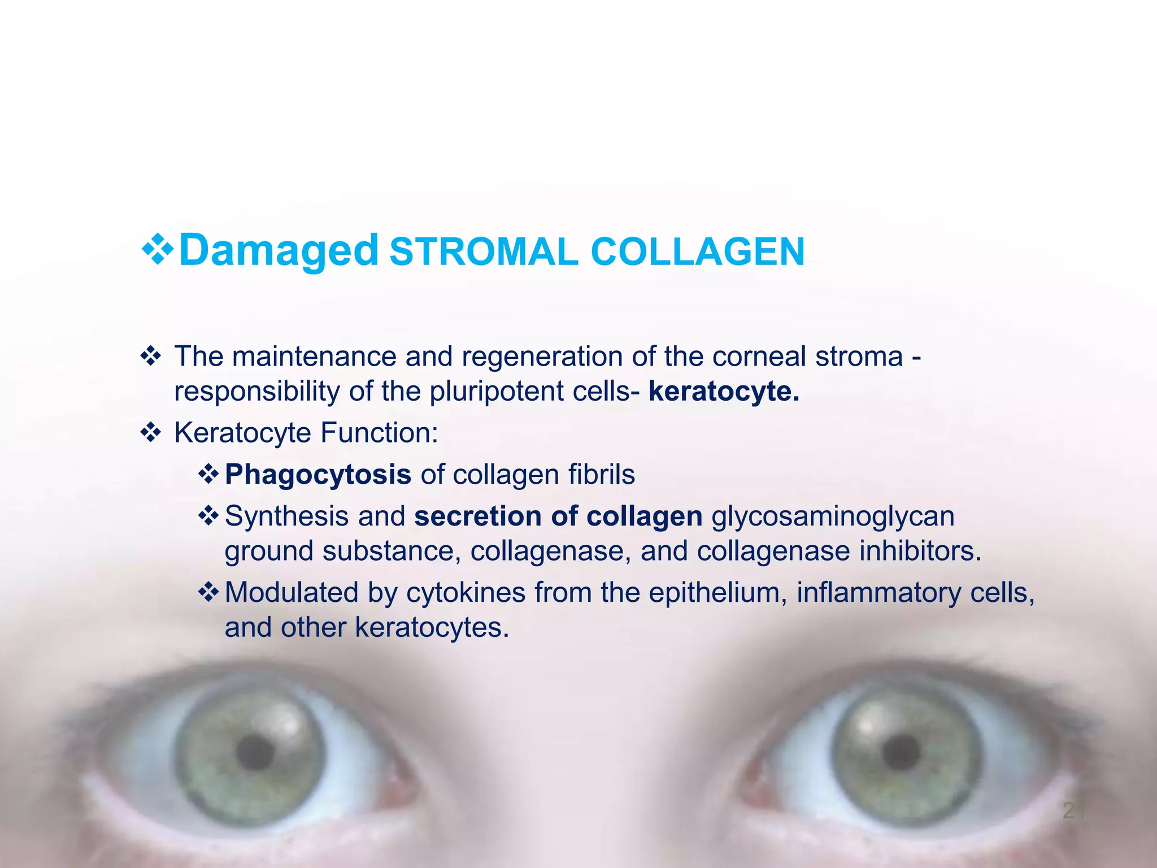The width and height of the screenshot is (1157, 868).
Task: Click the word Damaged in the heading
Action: pyautogui.click(x=278, y=251)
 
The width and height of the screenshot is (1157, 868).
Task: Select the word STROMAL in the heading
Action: pyautogui.click(x=484, y=252)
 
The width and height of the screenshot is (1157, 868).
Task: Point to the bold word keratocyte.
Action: pyautogui.click(x=724, y=391)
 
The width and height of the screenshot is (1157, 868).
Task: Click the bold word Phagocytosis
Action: pyautogui.click(x=318, y=475)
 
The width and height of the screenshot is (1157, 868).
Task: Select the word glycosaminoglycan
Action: pyautogui.click(x=833, y=517)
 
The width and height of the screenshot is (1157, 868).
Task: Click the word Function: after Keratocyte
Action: pyautogui.click(x=379, y=433)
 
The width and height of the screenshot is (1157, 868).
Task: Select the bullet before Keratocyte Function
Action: pyautogui.click(x=151, y=433)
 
